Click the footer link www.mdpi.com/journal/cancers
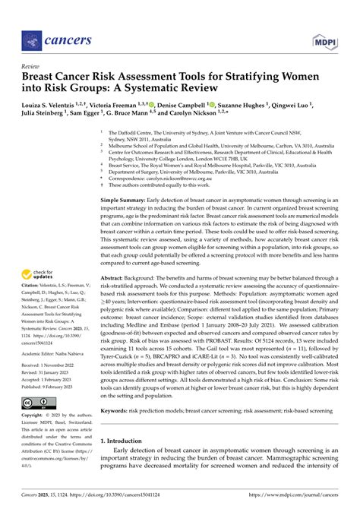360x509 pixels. pyautogui.click(x=289, y=501)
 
